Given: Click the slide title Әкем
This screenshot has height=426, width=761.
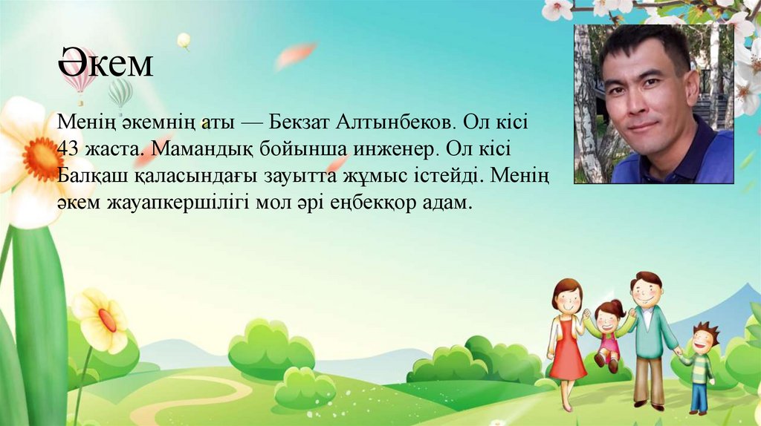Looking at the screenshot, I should tap(106, 65).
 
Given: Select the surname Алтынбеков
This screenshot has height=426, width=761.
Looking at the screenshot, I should tap(396, 121).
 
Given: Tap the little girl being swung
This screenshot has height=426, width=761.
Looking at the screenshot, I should tap(607, 334).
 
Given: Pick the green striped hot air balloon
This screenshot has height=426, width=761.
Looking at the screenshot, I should tap(120, 93).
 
